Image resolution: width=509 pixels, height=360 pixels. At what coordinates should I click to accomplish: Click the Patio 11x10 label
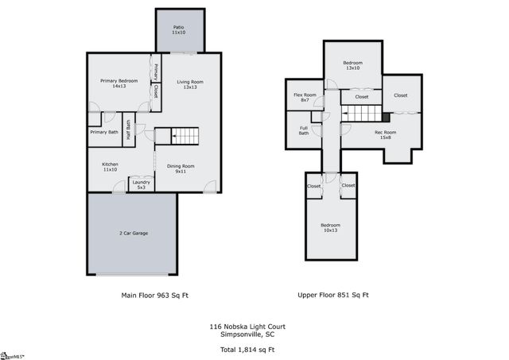[x=178, y=30]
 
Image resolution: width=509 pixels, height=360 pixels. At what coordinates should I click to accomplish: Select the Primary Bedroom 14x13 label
[x=119, y=83]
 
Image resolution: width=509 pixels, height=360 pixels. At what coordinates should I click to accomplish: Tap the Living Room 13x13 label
[x=190, y=84]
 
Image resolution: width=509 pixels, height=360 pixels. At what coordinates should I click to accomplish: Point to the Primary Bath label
[x=103, y=132]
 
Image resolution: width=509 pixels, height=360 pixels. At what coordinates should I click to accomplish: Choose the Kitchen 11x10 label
[x=110, y=167]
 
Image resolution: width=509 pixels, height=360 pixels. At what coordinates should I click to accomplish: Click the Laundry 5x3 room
[x=140, y=184]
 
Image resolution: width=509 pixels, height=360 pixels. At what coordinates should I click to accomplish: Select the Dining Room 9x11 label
[x=181, y=168]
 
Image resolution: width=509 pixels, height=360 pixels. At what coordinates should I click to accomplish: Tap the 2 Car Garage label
[x=133, y=233]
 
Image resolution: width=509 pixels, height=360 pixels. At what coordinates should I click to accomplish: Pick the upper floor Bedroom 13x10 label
[x=352, y=65]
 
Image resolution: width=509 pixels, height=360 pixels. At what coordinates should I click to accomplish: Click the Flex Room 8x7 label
[x=305, y=98]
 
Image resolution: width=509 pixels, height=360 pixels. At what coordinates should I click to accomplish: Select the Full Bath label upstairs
[x=304, y=130]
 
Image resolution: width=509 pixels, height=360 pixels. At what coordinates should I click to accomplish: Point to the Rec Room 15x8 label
[x=385, y=134]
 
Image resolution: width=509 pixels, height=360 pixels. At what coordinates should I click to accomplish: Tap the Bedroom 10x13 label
[x=330, y=227]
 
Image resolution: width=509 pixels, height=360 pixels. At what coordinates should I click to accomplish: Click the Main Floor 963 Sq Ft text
[x=154, y=295]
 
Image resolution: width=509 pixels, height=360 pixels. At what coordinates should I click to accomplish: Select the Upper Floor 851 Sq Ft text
[x=333, y=295]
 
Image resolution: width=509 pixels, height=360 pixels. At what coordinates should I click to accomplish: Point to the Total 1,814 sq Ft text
[x=248, y=349]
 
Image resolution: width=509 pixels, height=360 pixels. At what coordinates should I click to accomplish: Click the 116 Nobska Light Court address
[x=248, y=326]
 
